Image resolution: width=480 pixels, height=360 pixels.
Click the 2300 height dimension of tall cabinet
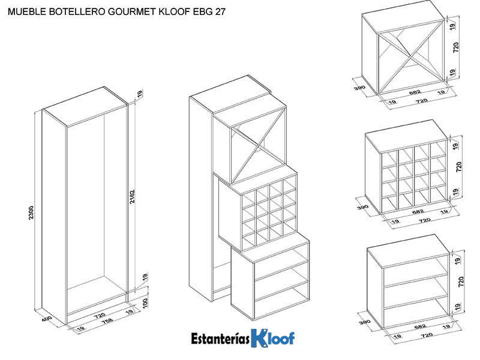point(31,213)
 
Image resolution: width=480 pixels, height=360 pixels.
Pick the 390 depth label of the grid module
point(362,207)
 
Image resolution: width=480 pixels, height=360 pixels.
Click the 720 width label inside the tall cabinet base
point(100,314)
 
